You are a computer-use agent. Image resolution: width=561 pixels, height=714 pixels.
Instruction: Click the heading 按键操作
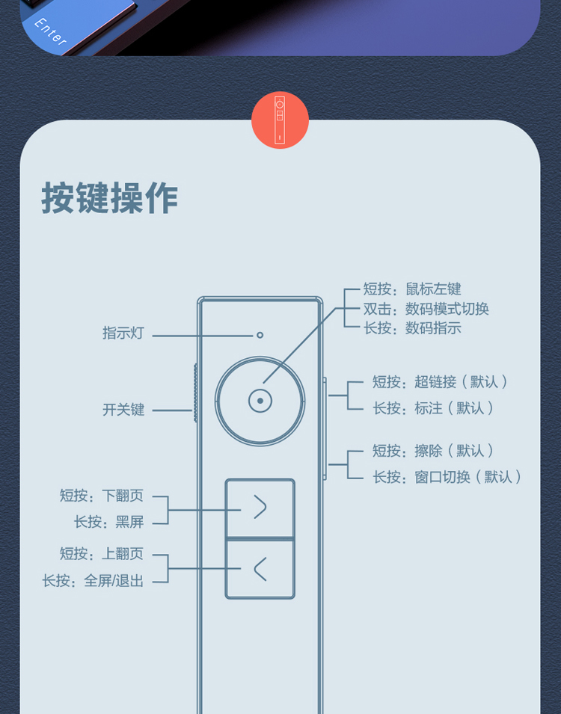point(110,198)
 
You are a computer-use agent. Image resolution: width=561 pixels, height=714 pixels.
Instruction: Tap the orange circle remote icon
point(280,120)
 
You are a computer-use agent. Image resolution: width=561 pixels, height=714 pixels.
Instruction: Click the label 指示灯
point(123,333)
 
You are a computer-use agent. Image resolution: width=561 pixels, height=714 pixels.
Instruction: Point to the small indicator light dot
point(260,334)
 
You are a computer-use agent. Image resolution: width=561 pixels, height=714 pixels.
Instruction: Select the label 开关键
point(123,410)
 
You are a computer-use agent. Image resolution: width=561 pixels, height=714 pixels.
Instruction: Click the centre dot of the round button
point(260,401)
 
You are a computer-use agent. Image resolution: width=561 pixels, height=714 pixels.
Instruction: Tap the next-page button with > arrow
point(260,508)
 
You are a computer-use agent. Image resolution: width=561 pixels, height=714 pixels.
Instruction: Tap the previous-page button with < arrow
point(260,569)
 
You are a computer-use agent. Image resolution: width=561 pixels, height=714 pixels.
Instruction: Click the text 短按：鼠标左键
point(412,289)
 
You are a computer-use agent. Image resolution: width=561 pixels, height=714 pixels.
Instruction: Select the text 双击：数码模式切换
point(426,309)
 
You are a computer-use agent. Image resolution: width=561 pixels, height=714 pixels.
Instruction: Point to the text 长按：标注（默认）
point(434,408)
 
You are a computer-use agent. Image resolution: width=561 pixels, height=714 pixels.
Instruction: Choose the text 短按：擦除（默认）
point(434,451)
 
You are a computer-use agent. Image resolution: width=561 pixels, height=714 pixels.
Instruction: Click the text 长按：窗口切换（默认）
point(447,477)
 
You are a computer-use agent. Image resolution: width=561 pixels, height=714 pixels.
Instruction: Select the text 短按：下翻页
point(102,495)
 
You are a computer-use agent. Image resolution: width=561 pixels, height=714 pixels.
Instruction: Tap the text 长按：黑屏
point(108,522)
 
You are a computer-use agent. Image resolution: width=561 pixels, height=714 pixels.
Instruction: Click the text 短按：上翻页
point(102,554)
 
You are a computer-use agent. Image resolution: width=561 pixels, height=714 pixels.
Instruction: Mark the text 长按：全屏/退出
point(93,580)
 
